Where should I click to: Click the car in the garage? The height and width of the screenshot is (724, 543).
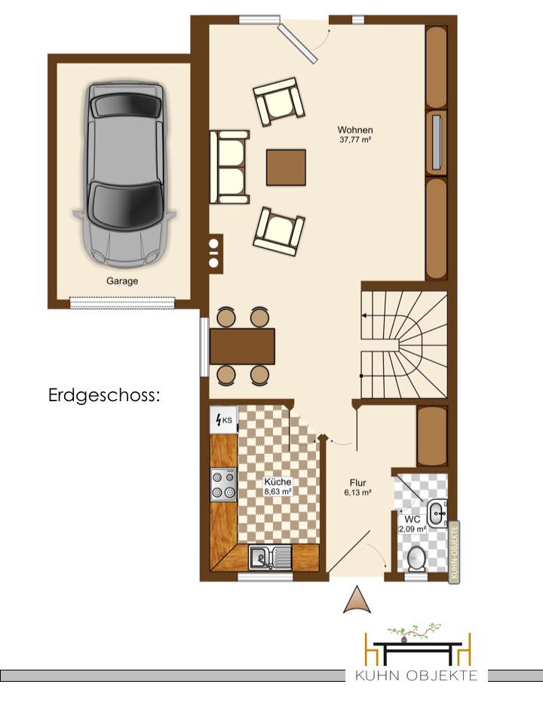pyautogui.click(x=124, y=174)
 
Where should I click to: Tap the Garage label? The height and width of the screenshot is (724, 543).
pyautogui.click(x=122, y=281)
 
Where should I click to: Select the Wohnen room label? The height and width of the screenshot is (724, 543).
pyautogui.click(x=355, y=130)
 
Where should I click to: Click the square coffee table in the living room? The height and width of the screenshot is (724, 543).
pyautogui.click(x=286, y=167)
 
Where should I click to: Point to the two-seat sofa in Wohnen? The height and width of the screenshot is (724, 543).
pyautogui.click(x=229, y=167)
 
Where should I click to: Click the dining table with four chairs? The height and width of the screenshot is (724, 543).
pyautogui.click(x=242, y=346)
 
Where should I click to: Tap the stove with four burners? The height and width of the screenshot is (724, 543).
pyautogui.click(x=223, y=484)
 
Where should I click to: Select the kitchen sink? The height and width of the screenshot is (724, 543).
pyautogui.click(x=270, y=557)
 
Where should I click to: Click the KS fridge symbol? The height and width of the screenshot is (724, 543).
pyautogui.click(x=223, y=420)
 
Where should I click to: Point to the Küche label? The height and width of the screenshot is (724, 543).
pyautogui.click(x=278, y=482)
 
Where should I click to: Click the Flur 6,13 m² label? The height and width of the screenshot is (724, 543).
pyautogui.click(x=357, y=488)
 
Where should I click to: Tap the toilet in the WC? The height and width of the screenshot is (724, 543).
pyautogui.click(x=417, y=559)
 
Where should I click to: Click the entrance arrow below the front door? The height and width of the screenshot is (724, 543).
pyautogui.click(x=357, y=600)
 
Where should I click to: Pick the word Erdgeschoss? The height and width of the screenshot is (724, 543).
pyautogui.click(x=104, y=396)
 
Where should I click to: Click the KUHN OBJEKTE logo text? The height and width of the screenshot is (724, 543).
pyautogui.click(x=416, y=676)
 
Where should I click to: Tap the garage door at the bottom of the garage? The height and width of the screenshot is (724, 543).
pyautogui.click(x=123, y=302)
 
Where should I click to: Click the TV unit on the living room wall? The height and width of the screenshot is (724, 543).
pyautogui.click(x=437, y=143)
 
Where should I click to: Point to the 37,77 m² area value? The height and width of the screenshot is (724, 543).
pyautogui.click(x=355, y=140)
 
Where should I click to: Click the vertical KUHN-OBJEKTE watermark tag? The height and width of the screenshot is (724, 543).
pyautogui.click(x=454, y=553)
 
